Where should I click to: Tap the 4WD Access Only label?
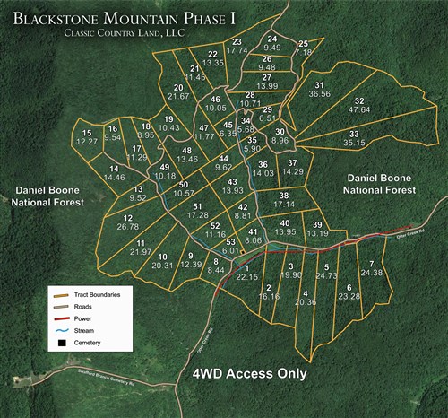tap(252, 374)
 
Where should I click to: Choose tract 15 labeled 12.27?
tap(87, 137)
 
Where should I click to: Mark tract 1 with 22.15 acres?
tap(246, 273)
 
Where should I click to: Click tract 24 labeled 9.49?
tap(273, 43)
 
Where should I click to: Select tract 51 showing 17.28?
tap(197, 211)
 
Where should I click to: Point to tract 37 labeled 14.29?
tap(292, 167)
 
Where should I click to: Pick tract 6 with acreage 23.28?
tap(349, 291)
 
